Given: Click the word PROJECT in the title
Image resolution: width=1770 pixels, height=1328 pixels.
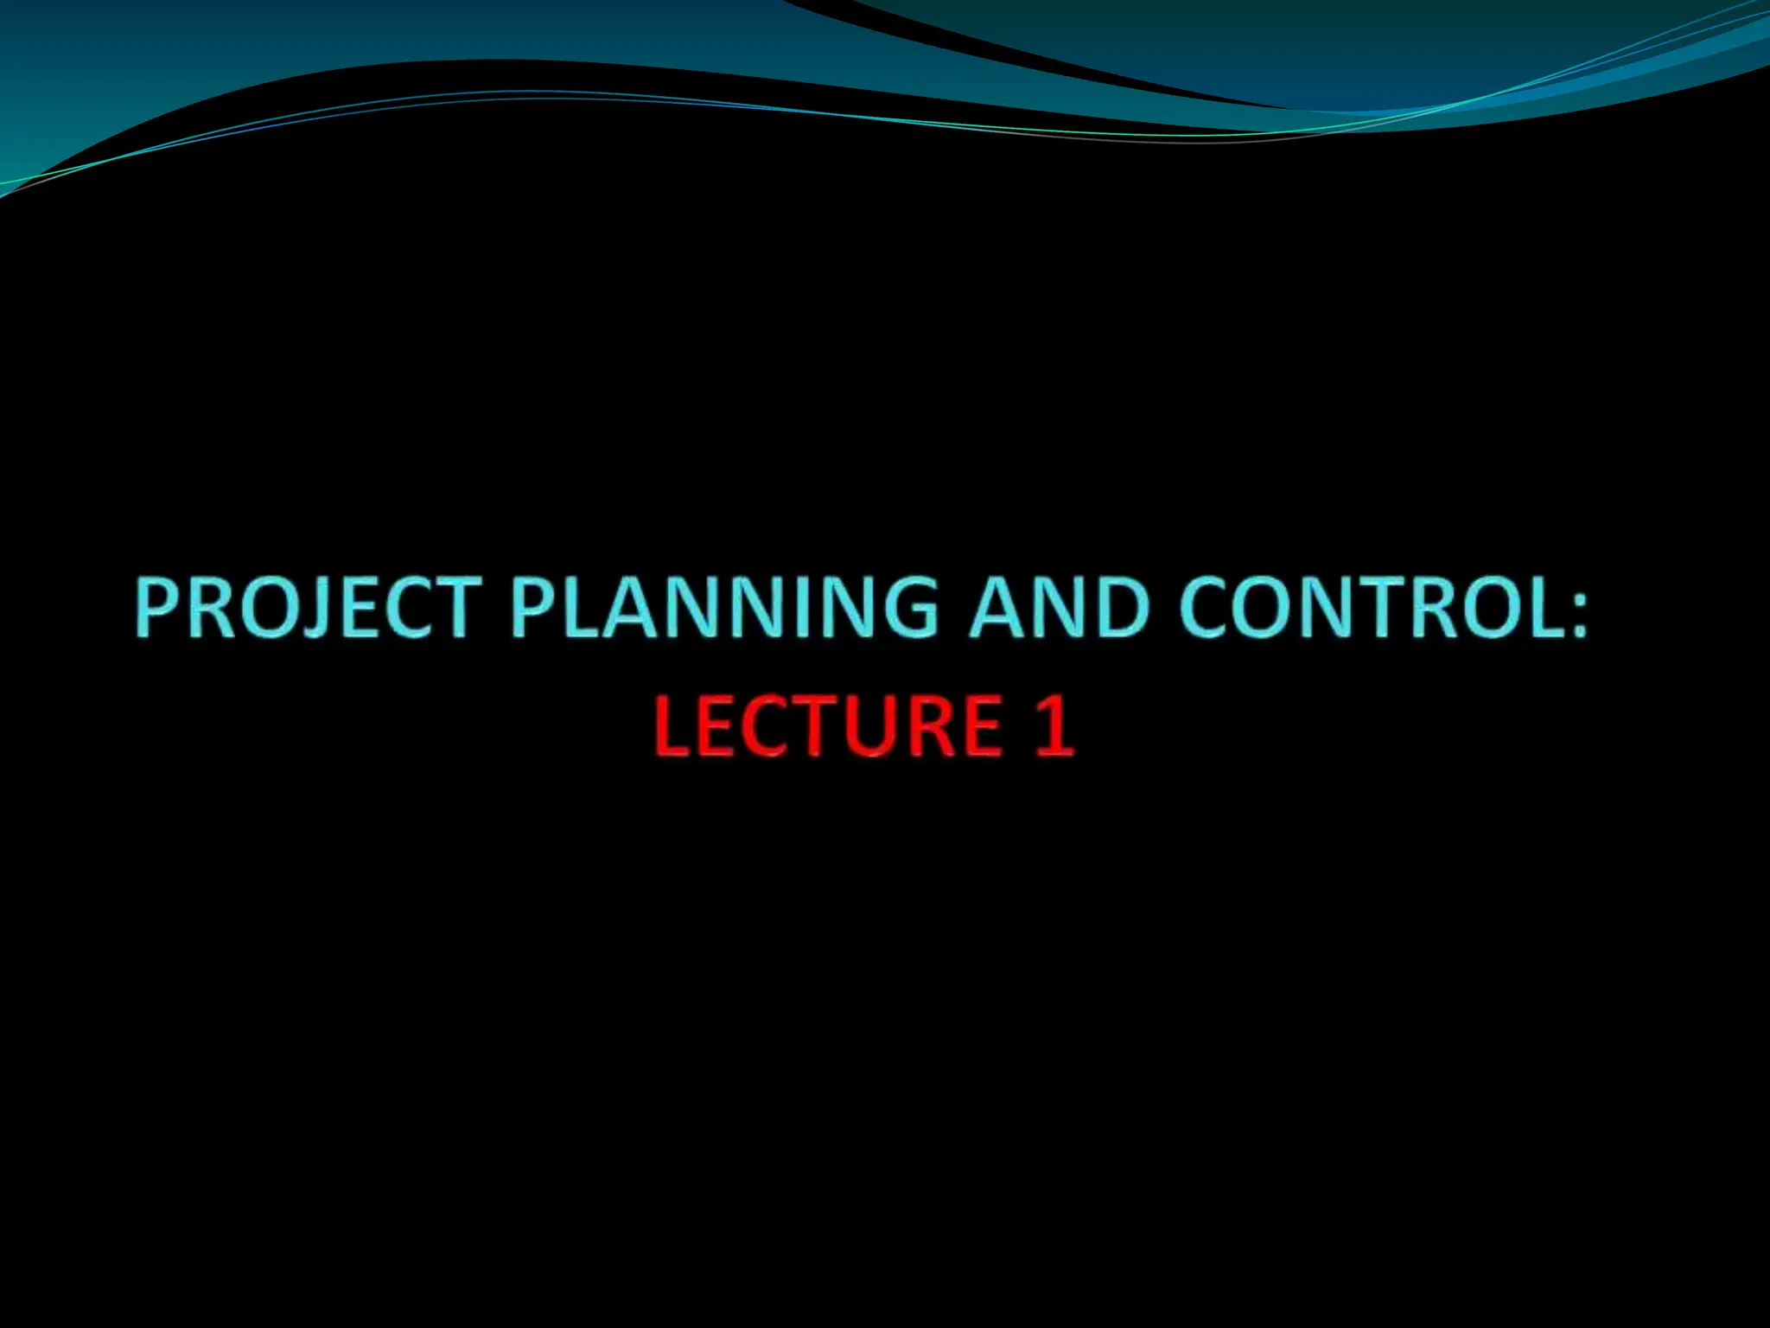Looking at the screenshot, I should (x=308, y=607).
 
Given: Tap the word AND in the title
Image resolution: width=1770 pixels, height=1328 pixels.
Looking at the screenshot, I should (x=1059, y=607).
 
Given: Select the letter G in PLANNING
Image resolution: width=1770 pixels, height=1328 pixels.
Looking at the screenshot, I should (x=904, y=607).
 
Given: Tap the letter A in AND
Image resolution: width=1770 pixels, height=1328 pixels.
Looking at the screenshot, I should (x=997, y=607).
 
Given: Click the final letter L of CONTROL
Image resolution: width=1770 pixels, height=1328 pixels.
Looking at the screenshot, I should (x=1543, y=607).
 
